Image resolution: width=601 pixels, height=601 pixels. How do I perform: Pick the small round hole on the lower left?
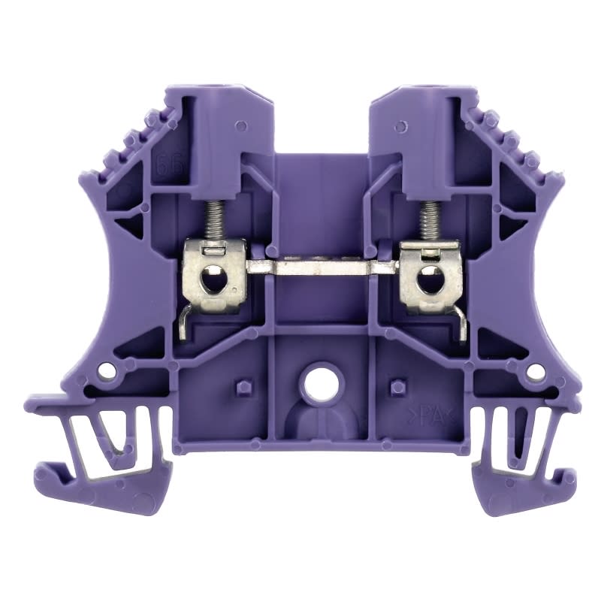[110, 370]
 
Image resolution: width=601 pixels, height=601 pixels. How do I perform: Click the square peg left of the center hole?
[241, 387]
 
